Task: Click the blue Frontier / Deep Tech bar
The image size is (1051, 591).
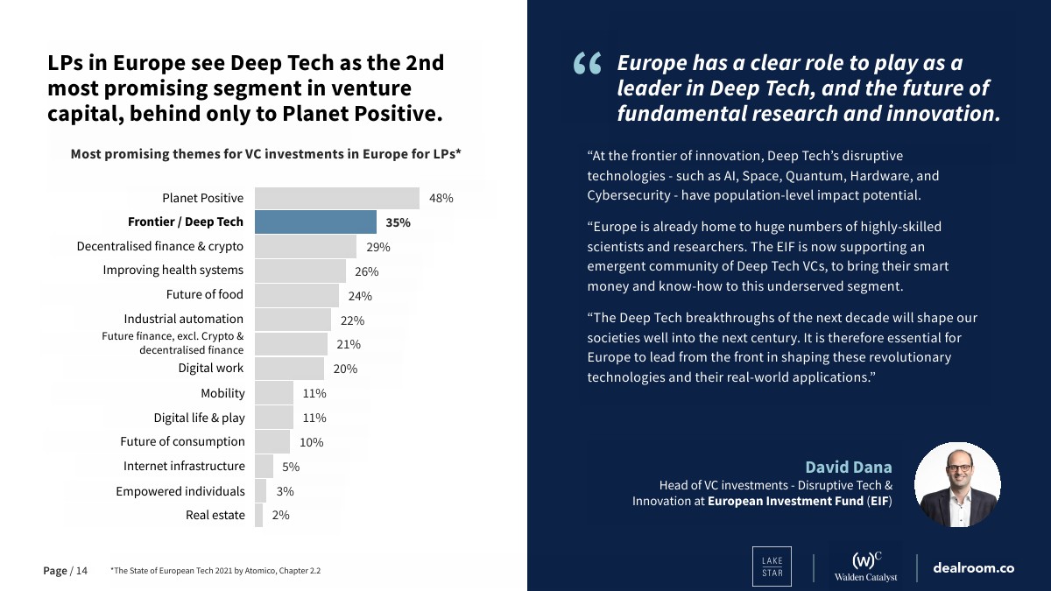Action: click(x=315, y=222)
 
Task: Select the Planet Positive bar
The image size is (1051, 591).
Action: click(x=337, y=198)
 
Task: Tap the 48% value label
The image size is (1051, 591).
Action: click(x=441, y=199)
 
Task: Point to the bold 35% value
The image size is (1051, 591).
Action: click(x=398, y=222)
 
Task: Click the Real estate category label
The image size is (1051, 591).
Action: click(x=215, y=515)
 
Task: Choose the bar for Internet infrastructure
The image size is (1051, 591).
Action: click(x=264, y=467)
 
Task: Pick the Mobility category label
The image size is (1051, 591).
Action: click(x=222, y=393)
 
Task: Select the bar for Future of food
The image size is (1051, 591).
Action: click(x=296, y=295)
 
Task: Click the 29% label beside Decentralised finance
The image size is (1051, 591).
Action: click(x=378, y=248)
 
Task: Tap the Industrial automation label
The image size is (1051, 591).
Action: click(x=183, y=319)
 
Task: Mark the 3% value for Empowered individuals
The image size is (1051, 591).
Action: click(x=285, y=492)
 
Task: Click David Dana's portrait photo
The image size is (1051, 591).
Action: click(x=957, y=484)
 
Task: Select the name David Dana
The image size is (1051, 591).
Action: click(x=848, y=467)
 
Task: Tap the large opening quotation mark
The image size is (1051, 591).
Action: click(x=588, y=65)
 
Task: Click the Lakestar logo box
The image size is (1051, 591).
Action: click(x=772, y=566)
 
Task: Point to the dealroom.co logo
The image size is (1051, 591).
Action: click(x=973, y=567)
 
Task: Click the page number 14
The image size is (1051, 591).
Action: click(x=81, y=571)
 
